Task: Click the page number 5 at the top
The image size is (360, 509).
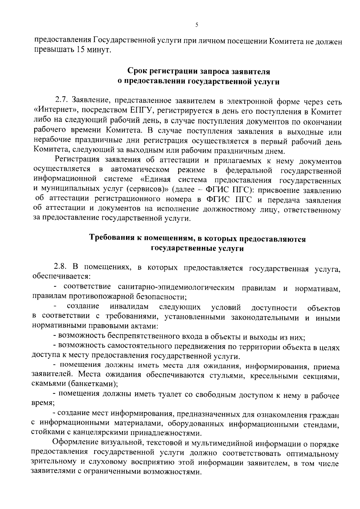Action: tap(196, 25)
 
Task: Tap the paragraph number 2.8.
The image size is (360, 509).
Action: tap(61, 267)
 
